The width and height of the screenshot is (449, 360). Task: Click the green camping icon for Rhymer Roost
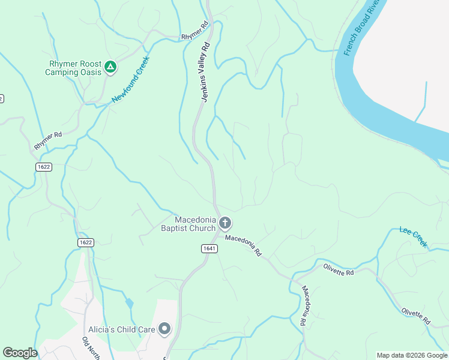(110, 67)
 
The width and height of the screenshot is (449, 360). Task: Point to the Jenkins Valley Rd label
(205, 71)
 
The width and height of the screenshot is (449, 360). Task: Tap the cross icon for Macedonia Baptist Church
(225, 224)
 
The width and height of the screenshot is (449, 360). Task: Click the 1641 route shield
(208, 248)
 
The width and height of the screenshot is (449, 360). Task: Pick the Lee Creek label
(414, 237)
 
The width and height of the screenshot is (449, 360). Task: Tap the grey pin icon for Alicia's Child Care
(164, 329)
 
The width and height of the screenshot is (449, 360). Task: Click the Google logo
(20, 353)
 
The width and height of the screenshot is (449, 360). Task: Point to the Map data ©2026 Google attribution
(412, 355)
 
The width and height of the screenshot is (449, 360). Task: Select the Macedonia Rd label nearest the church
(244, 246)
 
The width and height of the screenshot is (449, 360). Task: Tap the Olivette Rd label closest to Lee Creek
(339, 269)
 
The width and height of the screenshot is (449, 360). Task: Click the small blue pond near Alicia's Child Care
(130, 303)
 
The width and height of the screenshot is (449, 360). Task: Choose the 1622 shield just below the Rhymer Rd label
(42, 167)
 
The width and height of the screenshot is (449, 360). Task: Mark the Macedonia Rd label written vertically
(305, 305)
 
